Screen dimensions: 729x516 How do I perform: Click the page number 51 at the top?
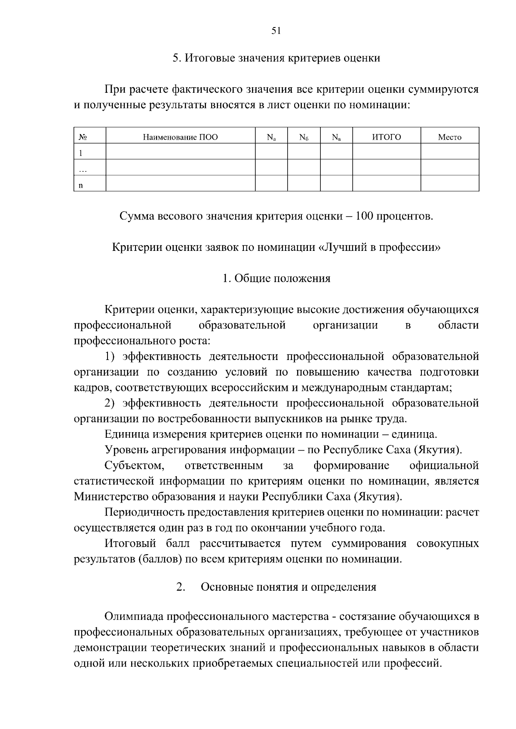tap(276, 31)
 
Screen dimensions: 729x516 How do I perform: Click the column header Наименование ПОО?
tap(180, 137)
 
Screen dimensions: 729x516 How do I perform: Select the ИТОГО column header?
tap(386, 137)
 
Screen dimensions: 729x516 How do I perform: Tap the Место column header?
tap(449, 137)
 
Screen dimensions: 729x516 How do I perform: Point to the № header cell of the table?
tap(83, 137)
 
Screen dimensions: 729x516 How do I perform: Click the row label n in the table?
tap(80, 186)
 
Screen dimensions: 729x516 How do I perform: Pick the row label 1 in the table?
tap(80, 153)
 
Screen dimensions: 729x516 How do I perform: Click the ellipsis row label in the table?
tap(83, 170)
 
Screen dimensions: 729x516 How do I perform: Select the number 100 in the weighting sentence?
tap(364, 216)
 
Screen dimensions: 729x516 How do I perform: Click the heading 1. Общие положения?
tap(276, 278)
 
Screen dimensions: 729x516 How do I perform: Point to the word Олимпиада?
tap(134, 616)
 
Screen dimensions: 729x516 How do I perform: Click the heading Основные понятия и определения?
tap(289, 587)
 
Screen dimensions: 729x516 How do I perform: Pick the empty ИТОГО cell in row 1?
tap(386, 151)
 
